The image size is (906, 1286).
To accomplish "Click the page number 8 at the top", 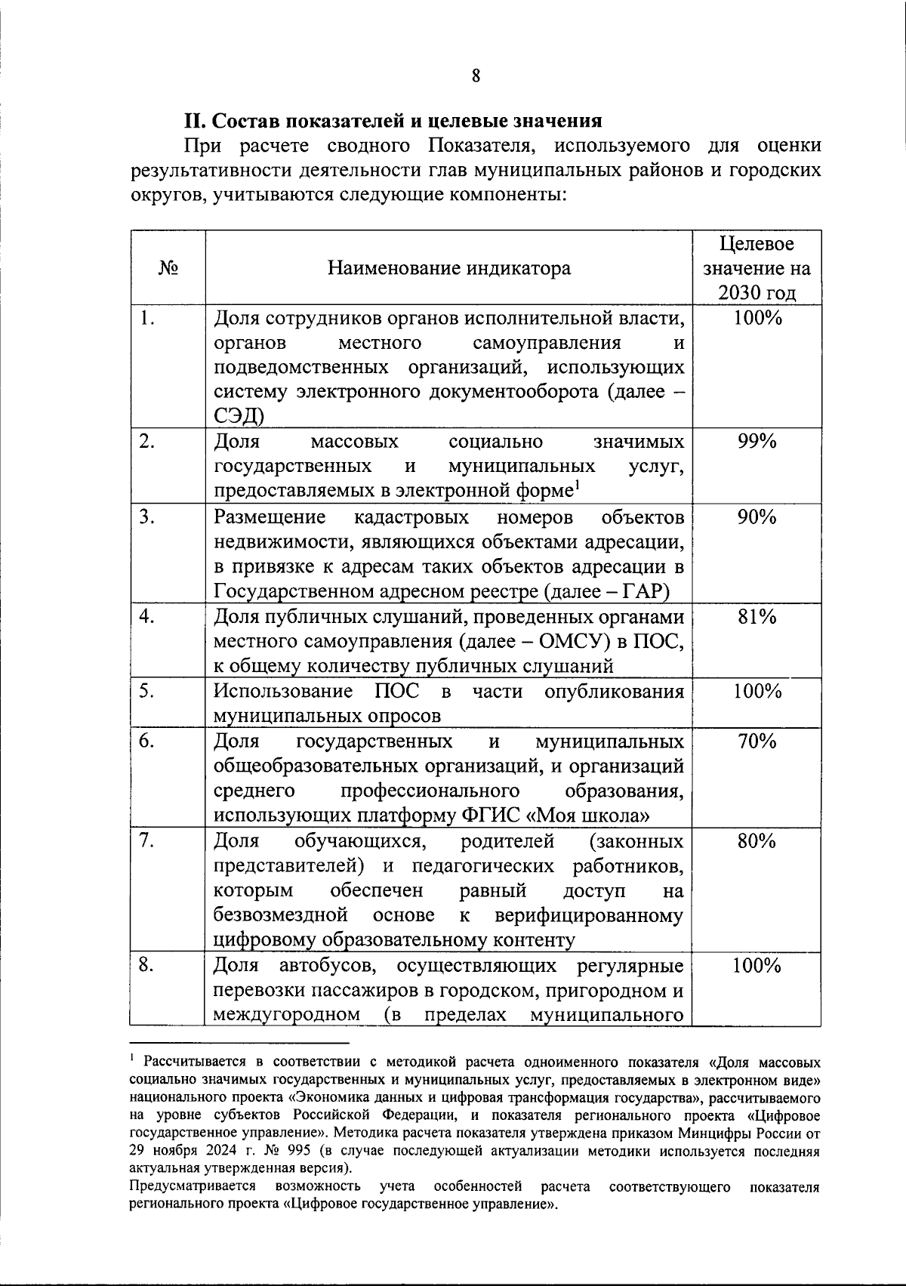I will point(476,76).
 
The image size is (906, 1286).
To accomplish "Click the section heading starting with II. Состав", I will point(393,121).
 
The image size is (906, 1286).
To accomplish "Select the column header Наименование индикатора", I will point(449,268).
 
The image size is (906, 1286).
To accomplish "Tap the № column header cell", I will point(168,268).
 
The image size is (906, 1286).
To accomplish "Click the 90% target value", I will point(757,517).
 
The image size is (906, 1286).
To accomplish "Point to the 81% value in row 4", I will point(757,617).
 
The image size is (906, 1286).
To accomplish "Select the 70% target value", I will point(757,742).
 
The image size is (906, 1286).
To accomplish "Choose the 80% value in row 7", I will point(757,841).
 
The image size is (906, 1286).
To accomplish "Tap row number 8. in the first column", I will point(147,966).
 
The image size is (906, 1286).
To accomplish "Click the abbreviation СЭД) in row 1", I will point(239,416).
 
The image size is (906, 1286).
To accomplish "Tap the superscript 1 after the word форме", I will point(576,485).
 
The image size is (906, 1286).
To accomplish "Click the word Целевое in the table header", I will point(757,244).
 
